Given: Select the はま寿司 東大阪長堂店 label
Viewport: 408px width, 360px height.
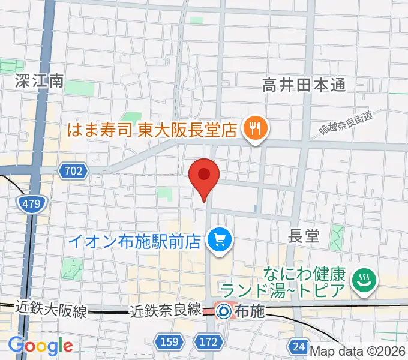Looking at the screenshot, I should pos(152,129).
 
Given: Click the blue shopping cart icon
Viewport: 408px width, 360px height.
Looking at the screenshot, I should pos(217,241).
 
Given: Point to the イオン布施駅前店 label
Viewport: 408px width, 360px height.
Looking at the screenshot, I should pos(134,241).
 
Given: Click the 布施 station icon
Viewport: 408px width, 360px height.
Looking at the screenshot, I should pos(224,311).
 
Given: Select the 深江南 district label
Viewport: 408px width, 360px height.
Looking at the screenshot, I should pos(39,82).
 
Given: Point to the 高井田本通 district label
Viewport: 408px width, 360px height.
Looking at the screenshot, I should pos(304,85).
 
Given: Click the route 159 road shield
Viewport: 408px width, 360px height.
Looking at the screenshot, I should pos(169,342).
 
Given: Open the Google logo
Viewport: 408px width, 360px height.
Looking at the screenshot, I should pos(40,346).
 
